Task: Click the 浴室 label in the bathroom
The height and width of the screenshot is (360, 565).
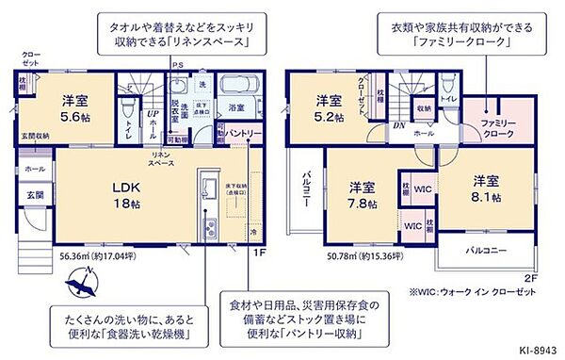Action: point(236,107)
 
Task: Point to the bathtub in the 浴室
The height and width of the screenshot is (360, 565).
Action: point(233,86)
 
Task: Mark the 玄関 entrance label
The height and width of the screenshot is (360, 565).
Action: point(34,195)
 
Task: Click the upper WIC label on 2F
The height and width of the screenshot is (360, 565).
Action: point(421,188)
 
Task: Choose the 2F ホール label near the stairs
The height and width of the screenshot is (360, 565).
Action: point(424,134)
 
